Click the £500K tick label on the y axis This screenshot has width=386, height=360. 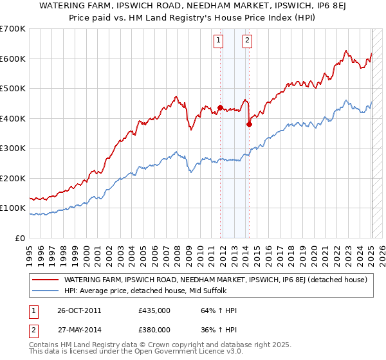(x=13, y=89)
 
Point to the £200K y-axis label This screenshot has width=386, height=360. (x=13, y=178)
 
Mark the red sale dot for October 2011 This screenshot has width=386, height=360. (x=221, y=108)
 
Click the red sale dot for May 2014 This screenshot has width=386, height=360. (x=249, y=125)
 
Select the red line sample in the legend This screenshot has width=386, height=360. (x=46, y=280)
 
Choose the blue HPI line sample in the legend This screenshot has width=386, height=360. (x=46, y=290)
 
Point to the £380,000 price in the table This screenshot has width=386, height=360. (x=154, y=329)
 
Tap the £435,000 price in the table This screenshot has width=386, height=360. (x=154, y=310)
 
